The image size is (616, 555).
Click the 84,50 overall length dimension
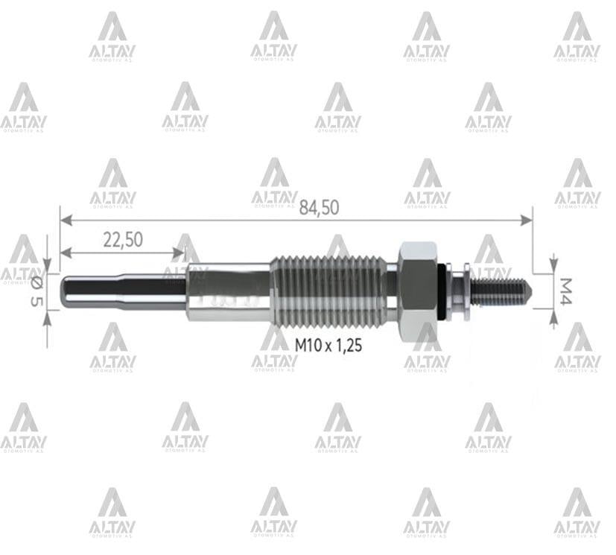[x=319, y=208]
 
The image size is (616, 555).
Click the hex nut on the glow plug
[x=416, y=291]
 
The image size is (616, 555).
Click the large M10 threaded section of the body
[x=328, y=291]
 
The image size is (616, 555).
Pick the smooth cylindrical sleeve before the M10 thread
[x=227, y=291]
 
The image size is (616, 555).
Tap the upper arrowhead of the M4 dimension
[x=553, y=261]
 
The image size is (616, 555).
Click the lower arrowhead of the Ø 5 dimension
[x=47, y=318]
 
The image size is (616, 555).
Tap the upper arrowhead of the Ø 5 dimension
[x=47, y=264]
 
